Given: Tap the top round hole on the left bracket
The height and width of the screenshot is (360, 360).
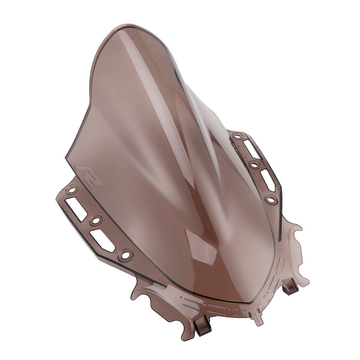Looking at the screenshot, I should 71,190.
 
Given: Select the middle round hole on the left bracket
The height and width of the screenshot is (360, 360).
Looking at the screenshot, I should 95,220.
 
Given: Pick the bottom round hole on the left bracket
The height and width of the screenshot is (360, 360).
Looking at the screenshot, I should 126,255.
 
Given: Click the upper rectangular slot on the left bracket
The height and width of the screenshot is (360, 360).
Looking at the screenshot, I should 76,208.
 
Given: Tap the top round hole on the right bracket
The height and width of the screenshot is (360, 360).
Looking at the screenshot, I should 237,136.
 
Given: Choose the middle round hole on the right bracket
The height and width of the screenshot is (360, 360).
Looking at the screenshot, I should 255,165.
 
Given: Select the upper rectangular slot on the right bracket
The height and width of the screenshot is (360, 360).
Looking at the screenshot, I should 252,149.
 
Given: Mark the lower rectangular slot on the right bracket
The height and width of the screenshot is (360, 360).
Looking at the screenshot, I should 268,180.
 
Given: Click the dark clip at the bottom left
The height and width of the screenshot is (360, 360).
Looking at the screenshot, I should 202,325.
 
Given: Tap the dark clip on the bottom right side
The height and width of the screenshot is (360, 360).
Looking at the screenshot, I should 290,286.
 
